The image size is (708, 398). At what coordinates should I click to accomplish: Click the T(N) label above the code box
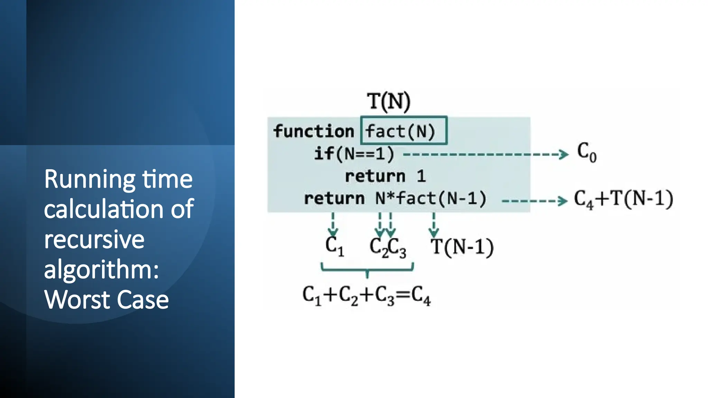389,102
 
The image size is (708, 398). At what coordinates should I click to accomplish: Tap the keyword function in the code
314,131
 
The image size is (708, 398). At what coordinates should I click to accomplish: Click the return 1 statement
385,176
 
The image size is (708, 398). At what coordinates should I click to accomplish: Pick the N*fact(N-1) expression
431,198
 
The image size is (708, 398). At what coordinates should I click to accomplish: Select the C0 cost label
587,152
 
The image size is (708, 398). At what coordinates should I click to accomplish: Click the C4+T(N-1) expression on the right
623,199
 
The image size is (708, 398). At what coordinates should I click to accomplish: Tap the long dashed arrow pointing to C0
485,154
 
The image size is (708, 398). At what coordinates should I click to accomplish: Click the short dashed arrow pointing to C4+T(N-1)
534,201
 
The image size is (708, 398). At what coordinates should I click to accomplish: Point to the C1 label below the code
334,246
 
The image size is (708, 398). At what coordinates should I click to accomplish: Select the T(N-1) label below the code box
462,247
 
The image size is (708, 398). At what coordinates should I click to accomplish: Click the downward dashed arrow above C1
333,224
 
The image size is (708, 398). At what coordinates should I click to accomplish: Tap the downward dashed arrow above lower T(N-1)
434,224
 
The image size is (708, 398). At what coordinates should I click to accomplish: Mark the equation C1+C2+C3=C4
366,296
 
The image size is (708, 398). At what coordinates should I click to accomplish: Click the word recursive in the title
94,239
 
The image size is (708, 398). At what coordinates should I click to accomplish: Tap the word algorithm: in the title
101,270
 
